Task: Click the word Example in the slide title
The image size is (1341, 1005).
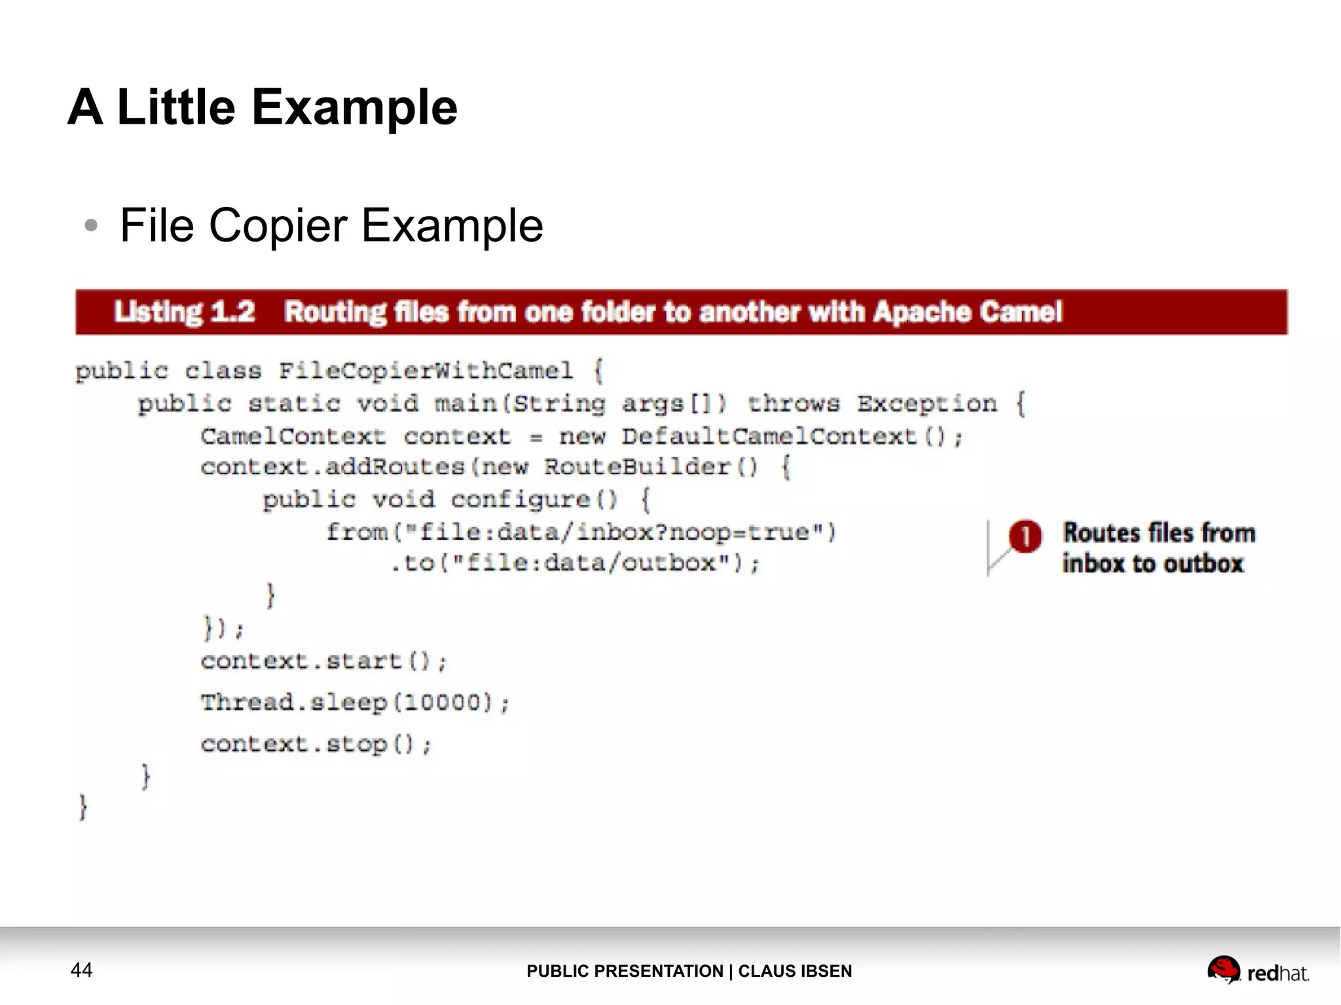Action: (354, 107)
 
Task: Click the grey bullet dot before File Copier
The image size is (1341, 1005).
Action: (91, 226)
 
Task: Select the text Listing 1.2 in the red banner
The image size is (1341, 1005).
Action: (184, 312)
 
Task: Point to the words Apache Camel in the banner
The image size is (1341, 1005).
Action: (968, 312)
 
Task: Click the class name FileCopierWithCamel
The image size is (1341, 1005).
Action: (426, 371)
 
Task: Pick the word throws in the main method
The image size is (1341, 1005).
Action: (793, 403)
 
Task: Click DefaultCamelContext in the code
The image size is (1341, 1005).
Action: (769, 436)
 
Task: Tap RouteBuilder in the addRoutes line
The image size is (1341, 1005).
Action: (636, 467)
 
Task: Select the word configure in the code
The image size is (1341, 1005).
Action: (521, 500)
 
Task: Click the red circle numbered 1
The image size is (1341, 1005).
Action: (1025, 536)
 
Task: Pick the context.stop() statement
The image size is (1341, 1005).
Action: (316, 744)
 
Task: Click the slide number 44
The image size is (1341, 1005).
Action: (81, 970)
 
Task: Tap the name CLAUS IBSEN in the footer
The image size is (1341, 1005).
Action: (795, 971)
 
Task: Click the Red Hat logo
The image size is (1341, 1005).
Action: (1257, 970)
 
